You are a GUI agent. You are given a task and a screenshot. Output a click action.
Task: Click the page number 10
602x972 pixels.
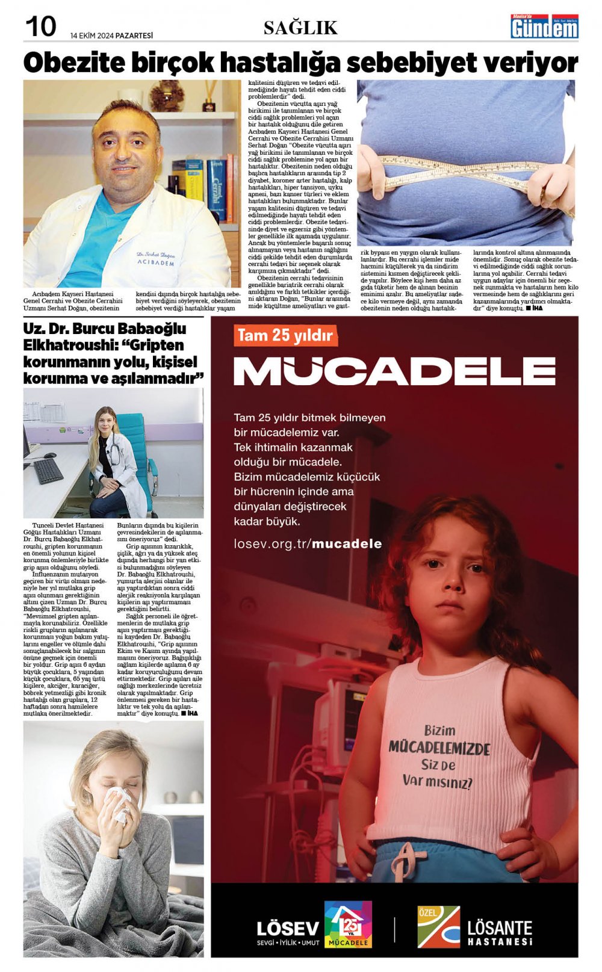coord(40,26)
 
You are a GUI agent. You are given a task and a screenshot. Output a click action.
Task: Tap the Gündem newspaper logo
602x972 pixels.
coord(544,27)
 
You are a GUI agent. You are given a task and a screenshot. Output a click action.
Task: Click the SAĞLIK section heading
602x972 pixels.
coord(300,28)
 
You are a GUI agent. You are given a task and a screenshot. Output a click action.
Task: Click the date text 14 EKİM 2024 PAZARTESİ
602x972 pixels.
coord(111,36)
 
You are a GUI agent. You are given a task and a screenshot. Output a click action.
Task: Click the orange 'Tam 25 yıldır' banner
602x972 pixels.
coord(285,335)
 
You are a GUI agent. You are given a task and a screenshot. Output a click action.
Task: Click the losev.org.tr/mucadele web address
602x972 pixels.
coord(308,544)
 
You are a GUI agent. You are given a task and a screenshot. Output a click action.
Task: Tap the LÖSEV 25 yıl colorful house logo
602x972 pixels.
coord(347,924)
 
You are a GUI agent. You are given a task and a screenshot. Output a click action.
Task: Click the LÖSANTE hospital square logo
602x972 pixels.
coord(438,927)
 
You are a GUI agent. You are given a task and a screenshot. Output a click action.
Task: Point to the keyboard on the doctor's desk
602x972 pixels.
coord(48,471)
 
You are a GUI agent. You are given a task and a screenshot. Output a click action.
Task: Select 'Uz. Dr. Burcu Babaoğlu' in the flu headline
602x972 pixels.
coord(105,329)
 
